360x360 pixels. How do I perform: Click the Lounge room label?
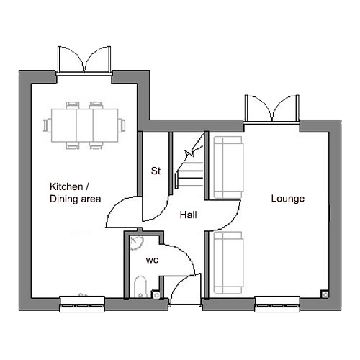click(288, 199)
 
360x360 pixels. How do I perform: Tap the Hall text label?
click(189, 215)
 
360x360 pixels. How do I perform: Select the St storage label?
click(156, 171)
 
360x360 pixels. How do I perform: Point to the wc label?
click(152, 260)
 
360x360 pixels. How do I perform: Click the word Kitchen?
click(66, 186)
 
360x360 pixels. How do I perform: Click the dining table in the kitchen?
click(84, 125)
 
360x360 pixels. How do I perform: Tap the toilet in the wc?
click(140, 287)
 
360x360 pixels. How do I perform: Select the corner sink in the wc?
click(136, 243)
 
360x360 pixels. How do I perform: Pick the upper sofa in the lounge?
click(228, 168)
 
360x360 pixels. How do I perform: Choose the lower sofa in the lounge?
click(228, 263)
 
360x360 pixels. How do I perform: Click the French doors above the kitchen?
click(84, 59)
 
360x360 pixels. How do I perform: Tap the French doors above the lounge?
click(272, 108)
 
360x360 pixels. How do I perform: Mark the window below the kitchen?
click(82, 305)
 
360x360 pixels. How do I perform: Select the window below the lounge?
click(277, 305)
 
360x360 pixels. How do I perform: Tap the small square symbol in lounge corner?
click(325, 294)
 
